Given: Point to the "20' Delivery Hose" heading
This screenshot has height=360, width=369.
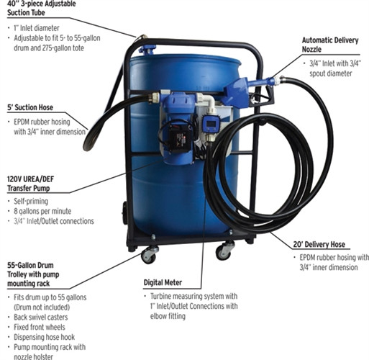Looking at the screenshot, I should click(322, 243).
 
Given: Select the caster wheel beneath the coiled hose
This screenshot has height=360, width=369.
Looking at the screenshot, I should click(226, 251).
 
